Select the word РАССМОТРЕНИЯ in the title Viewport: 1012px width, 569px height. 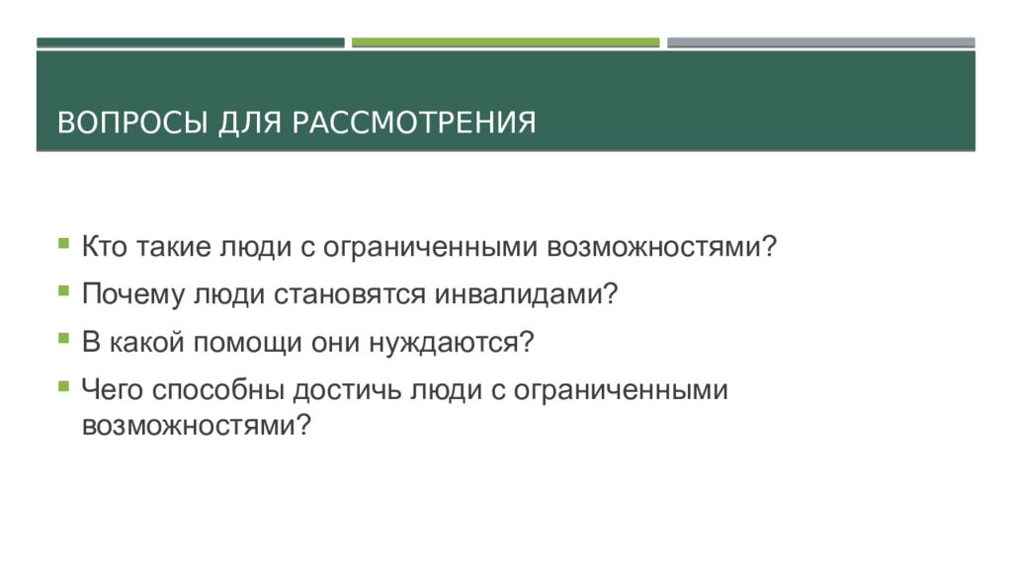414,123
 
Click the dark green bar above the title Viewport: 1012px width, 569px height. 191,42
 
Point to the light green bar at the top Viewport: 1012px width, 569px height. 505,42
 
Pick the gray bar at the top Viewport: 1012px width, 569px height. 820,42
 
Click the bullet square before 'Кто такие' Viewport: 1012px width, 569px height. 63,242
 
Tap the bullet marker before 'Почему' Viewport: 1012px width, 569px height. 63,290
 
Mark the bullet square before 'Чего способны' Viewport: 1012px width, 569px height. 63,386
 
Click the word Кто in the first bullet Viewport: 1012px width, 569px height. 104,247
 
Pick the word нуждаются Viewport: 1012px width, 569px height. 451,344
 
